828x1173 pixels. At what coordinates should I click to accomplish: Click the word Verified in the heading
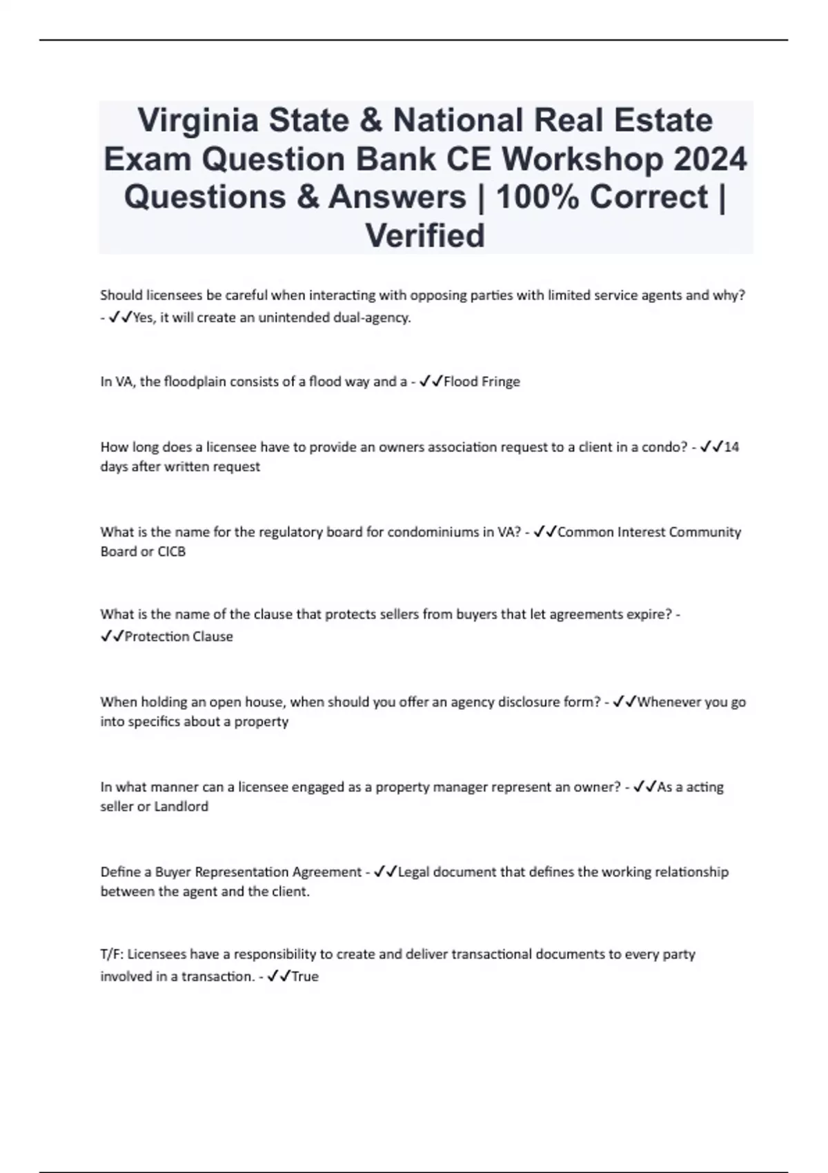425,236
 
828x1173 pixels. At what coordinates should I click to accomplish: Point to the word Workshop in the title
582,159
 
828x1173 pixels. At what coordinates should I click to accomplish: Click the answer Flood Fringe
482,382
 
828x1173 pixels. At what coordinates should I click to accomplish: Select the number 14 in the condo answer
732,447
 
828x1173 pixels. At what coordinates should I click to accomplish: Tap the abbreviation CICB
172,552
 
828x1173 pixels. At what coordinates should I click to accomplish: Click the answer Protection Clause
179,637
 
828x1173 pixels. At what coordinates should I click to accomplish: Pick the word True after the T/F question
305,977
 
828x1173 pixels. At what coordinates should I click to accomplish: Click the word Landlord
181,807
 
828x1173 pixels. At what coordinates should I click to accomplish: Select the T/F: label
112,955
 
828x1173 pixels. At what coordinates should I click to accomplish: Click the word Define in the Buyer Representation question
121,872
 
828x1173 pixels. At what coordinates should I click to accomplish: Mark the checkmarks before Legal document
385,872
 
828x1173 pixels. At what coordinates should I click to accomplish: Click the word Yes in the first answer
143,318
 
